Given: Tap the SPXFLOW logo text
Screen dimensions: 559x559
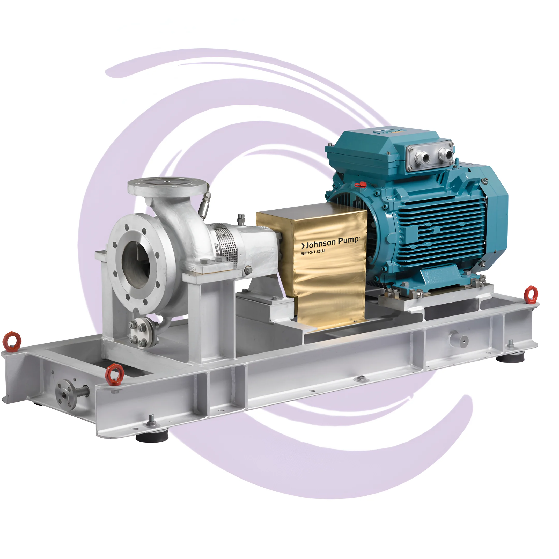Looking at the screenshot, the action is coord(313,252).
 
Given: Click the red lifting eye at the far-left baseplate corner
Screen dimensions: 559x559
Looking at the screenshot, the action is coord(12,341).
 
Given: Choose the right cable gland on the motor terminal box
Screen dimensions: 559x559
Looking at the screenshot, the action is coord(444,154).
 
